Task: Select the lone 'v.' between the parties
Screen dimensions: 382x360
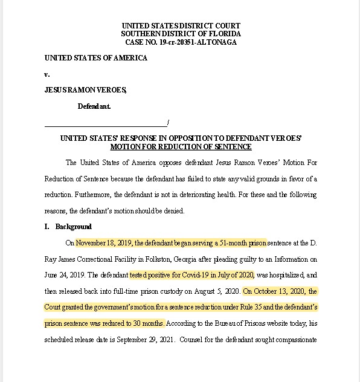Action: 47,74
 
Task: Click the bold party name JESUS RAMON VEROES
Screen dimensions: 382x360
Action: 85,90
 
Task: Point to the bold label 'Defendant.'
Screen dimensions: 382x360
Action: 94,106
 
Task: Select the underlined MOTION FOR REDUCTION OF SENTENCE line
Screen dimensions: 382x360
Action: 181,147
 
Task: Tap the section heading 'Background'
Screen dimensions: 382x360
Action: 74,227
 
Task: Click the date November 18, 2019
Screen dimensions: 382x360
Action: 104,243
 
